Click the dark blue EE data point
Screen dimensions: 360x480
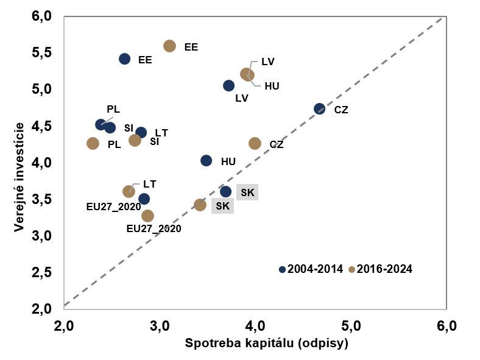[125, 59]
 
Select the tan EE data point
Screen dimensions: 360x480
[170, 46]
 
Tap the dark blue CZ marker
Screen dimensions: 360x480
[320, 109]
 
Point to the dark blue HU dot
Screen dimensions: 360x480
[206, 161]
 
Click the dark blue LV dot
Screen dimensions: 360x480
[229, 86]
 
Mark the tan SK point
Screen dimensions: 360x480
[200, 205]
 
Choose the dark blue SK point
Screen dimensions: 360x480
[226, 192]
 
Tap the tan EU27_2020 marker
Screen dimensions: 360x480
[148, 216]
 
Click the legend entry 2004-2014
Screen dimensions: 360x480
[311, 269]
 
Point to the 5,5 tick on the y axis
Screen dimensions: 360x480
[41, 53]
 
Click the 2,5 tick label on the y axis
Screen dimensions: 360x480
[41, 272]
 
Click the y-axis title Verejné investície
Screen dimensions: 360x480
[20, 177]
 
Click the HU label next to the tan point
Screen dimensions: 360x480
[272, 86]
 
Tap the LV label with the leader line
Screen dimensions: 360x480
[268, 62]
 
